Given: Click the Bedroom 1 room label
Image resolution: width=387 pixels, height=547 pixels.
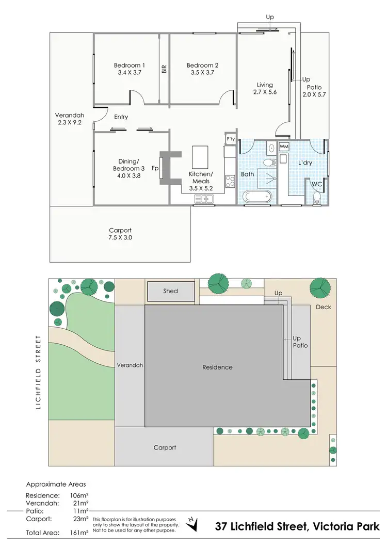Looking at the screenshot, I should [x=129, y=66].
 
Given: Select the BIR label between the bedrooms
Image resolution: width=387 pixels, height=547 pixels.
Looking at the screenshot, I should [x=164, y=69].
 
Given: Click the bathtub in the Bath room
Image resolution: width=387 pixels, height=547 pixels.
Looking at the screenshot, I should [x=256, y=197].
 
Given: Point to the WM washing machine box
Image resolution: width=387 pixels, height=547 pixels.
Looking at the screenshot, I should [x=284, y=147].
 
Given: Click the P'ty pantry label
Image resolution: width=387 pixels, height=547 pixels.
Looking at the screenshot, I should [x=230, y=139].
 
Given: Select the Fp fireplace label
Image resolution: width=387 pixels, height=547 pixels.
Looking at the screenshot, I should [x=154, y=168].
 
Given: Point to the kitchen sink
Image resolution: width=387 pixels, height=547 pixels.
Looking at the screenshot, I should [x=207, y=199].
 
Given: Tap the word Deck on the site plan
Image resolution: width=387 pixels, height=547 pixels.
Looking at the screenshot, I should [x=324, y=307].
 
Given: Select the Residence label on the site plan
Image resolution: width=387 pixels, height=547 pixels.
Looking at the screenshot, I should [x=217, y=367].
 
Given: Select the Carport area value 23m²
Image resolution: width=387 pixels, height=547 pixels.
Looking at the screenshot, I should [x=80, y=518].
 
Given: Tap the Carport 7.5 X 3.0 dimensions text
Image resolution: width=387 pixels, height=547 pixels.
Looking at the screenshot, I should [x=120, y=238].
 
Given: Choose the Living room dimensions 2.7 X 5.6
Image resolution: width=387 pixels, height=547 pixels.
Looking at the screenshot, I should [x=265, y=92].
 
